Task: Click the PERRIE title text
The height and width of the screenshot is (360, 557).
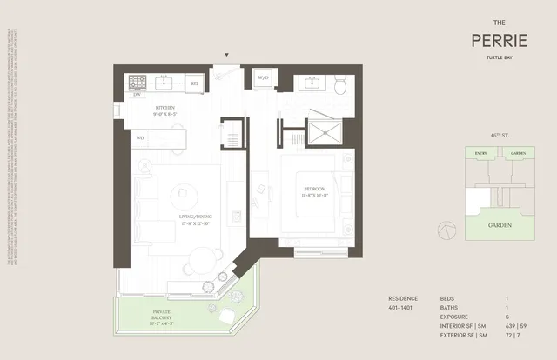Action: (x=497, y=40)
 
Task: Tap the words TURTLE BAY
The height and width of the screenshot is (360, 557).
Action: (x=497, y=58)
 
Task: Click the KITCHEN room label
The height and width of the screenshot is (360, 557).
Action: (x=165, y=109)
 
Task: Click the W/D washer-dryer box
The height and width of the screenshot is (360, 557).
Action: (x=262, y=79)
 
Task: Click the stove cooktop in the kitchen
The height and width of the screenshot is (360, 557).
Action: (x=138, y=83)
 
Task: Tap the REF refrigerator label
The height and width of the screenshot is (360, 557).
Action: (x=195, y=83)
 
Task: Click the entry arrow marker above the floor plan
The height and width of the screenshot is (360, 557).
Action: (x=227, y=55)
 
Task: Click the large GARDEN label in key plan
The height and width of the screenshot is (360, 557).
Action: (x=498, y=225)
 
